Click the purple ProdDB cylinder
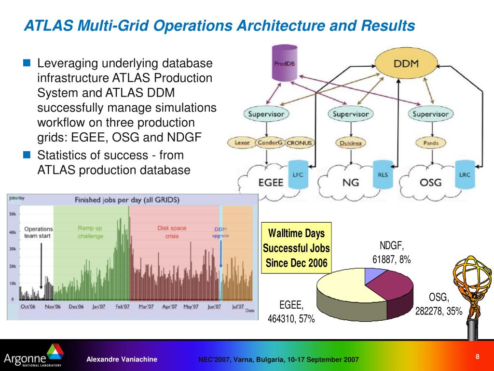pos(281,62)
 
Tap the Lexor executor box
pos(242,143)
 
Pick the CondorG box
pos(270,143)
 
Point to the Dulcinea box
pos(351,143)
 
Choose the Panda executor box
pos(430,143)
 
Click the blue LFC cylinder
pos(298,174)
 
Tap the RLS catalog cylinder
pos(381,175)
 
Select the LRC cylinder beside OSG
pos(465,175)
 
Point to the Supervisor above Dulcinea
pos(351,114)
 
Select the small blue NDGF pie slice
pos(372,276)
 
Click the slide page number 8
pos(477,357)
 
